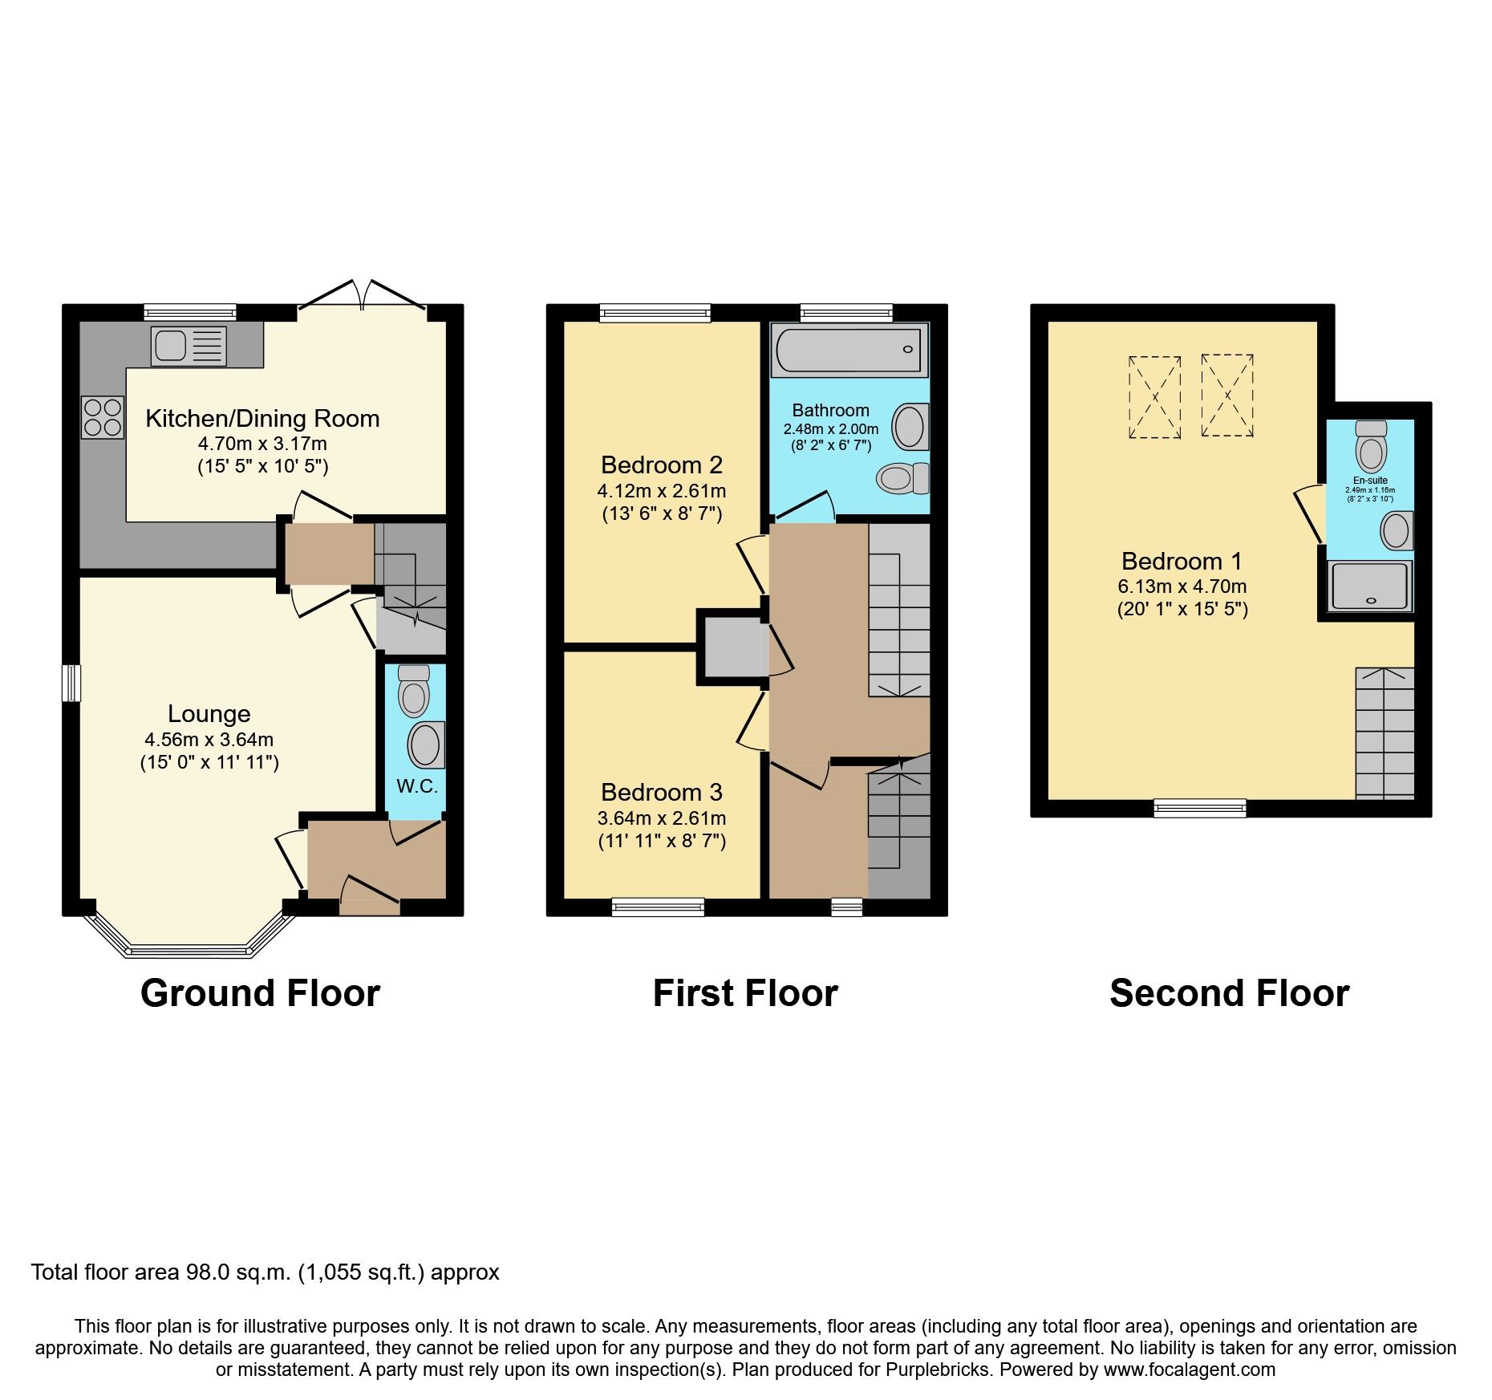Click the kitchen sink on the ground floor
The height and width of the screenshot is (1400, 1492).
pos(188,346)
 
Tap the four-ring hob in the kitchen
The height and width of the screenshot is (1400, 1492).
pos(103,417)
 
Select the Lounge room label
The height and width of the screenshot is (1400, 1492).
pos(209,713)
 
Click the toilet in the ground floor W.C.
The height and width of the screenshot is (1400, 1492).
pos(413,692)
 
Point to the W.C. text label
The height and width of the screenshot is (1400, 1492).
pos(417,786)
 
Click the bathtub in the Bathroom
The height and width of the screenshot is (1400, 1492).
pos(849,350)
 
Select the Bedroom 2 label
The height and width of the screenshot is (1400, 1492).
pos(661,465)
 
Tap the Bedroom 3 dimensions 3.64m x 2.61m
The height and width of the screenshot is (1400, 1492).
pos(661,818)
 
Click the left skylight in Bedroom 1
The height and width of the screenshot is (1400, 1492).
pos(1154,396)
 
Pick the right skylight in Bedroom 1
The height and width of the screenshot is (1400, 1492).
pos(1226,395)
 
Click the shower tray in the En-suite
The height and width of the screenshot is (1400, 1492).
pos(1369,586)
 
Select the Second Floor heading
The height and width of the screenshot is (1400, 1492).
pos(1229,993)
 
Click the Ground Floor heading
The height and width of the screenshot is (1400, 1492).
pos(260,993)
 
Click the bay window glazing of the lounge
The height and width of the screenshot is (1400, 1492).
pos(189,952)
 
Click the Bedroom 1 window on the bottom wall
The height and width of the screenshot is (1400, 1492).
pos(1199,808)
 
